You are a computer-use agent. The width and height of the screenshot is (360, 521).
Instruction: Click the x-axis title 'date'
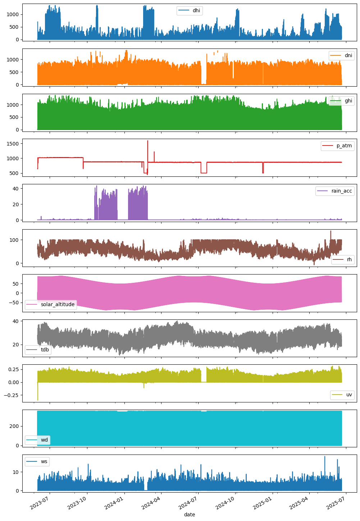[x=190, y=515]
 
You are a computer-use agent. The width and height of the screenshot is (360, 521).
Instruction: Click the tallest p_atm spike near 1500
[x=147, y=141]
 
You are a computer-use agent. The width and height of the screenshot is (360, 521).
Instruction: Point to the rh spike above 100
[x=331, y=231]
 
